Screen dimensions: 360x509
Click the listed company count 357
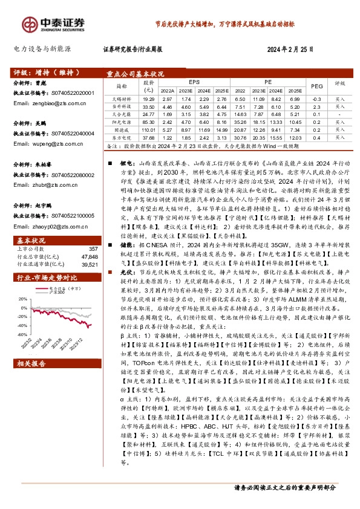click(93, 232)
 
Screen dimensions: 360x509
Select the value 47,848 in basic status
click(89, 239)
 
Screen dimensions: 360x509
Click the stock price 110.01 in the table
click(149, 129)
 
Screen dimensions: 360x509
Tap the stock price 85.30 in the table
click(149, 121)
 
